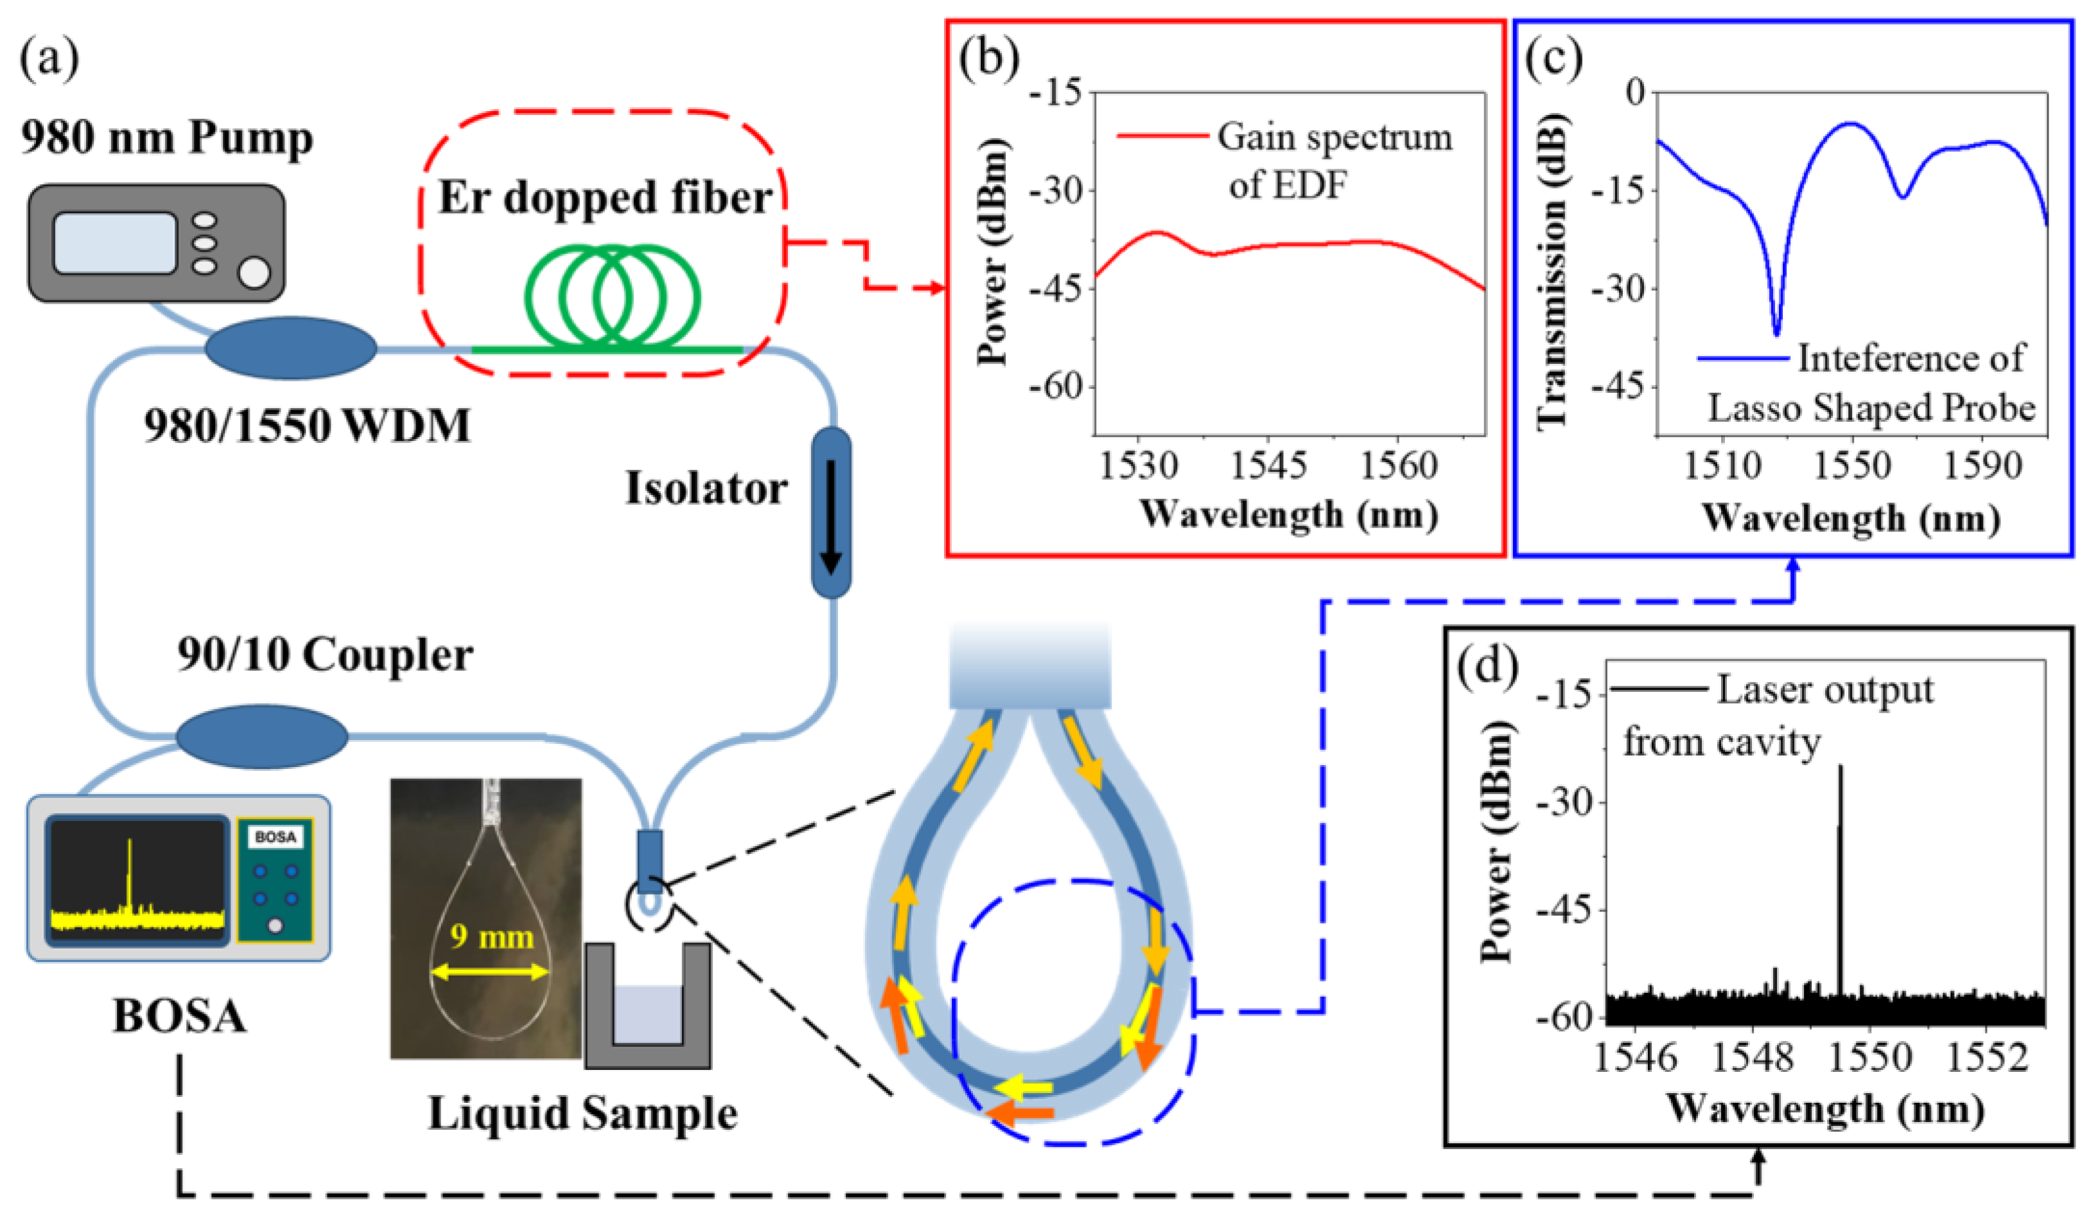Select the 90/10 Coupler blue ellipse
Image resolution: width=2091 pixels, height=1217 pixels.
(262, 736)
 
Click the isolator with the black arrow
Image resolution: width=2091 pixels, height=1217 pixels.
(830, 512)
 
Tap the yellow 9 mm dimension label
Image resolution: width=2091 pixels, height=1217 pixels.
(491, 937)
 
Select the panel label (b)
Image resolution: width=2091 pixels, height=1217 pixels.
(988, 60)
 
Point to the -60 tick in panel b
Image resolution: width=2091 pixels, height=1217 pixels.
(1056, 386)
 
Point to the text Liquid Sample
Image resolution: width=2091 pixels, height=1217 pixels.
(582, 1113)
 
